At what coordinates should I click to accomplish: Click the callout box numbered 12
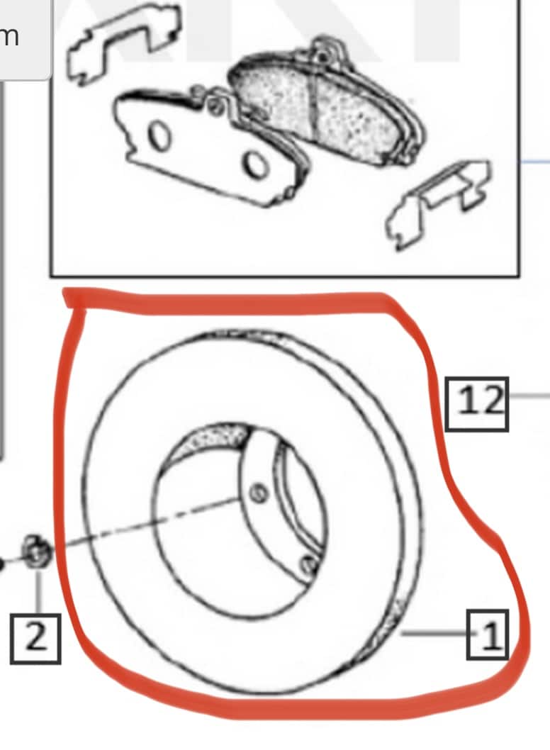(x=477, y=403)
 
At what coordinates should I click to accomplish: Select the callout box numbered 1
(x=488, y=634)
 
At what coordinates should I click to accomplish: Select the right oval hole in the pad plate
(x=254, y=164)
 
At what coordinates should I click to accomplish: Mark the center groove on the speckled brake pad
(x=312, y=106)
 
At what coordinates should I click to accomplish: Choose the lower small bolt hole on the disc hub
(x=307, y=564)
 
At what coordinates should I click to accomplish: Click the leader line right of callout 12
(x=529, y=396)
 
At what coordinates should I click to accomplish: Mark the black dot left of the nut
(x=2, y=564)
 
